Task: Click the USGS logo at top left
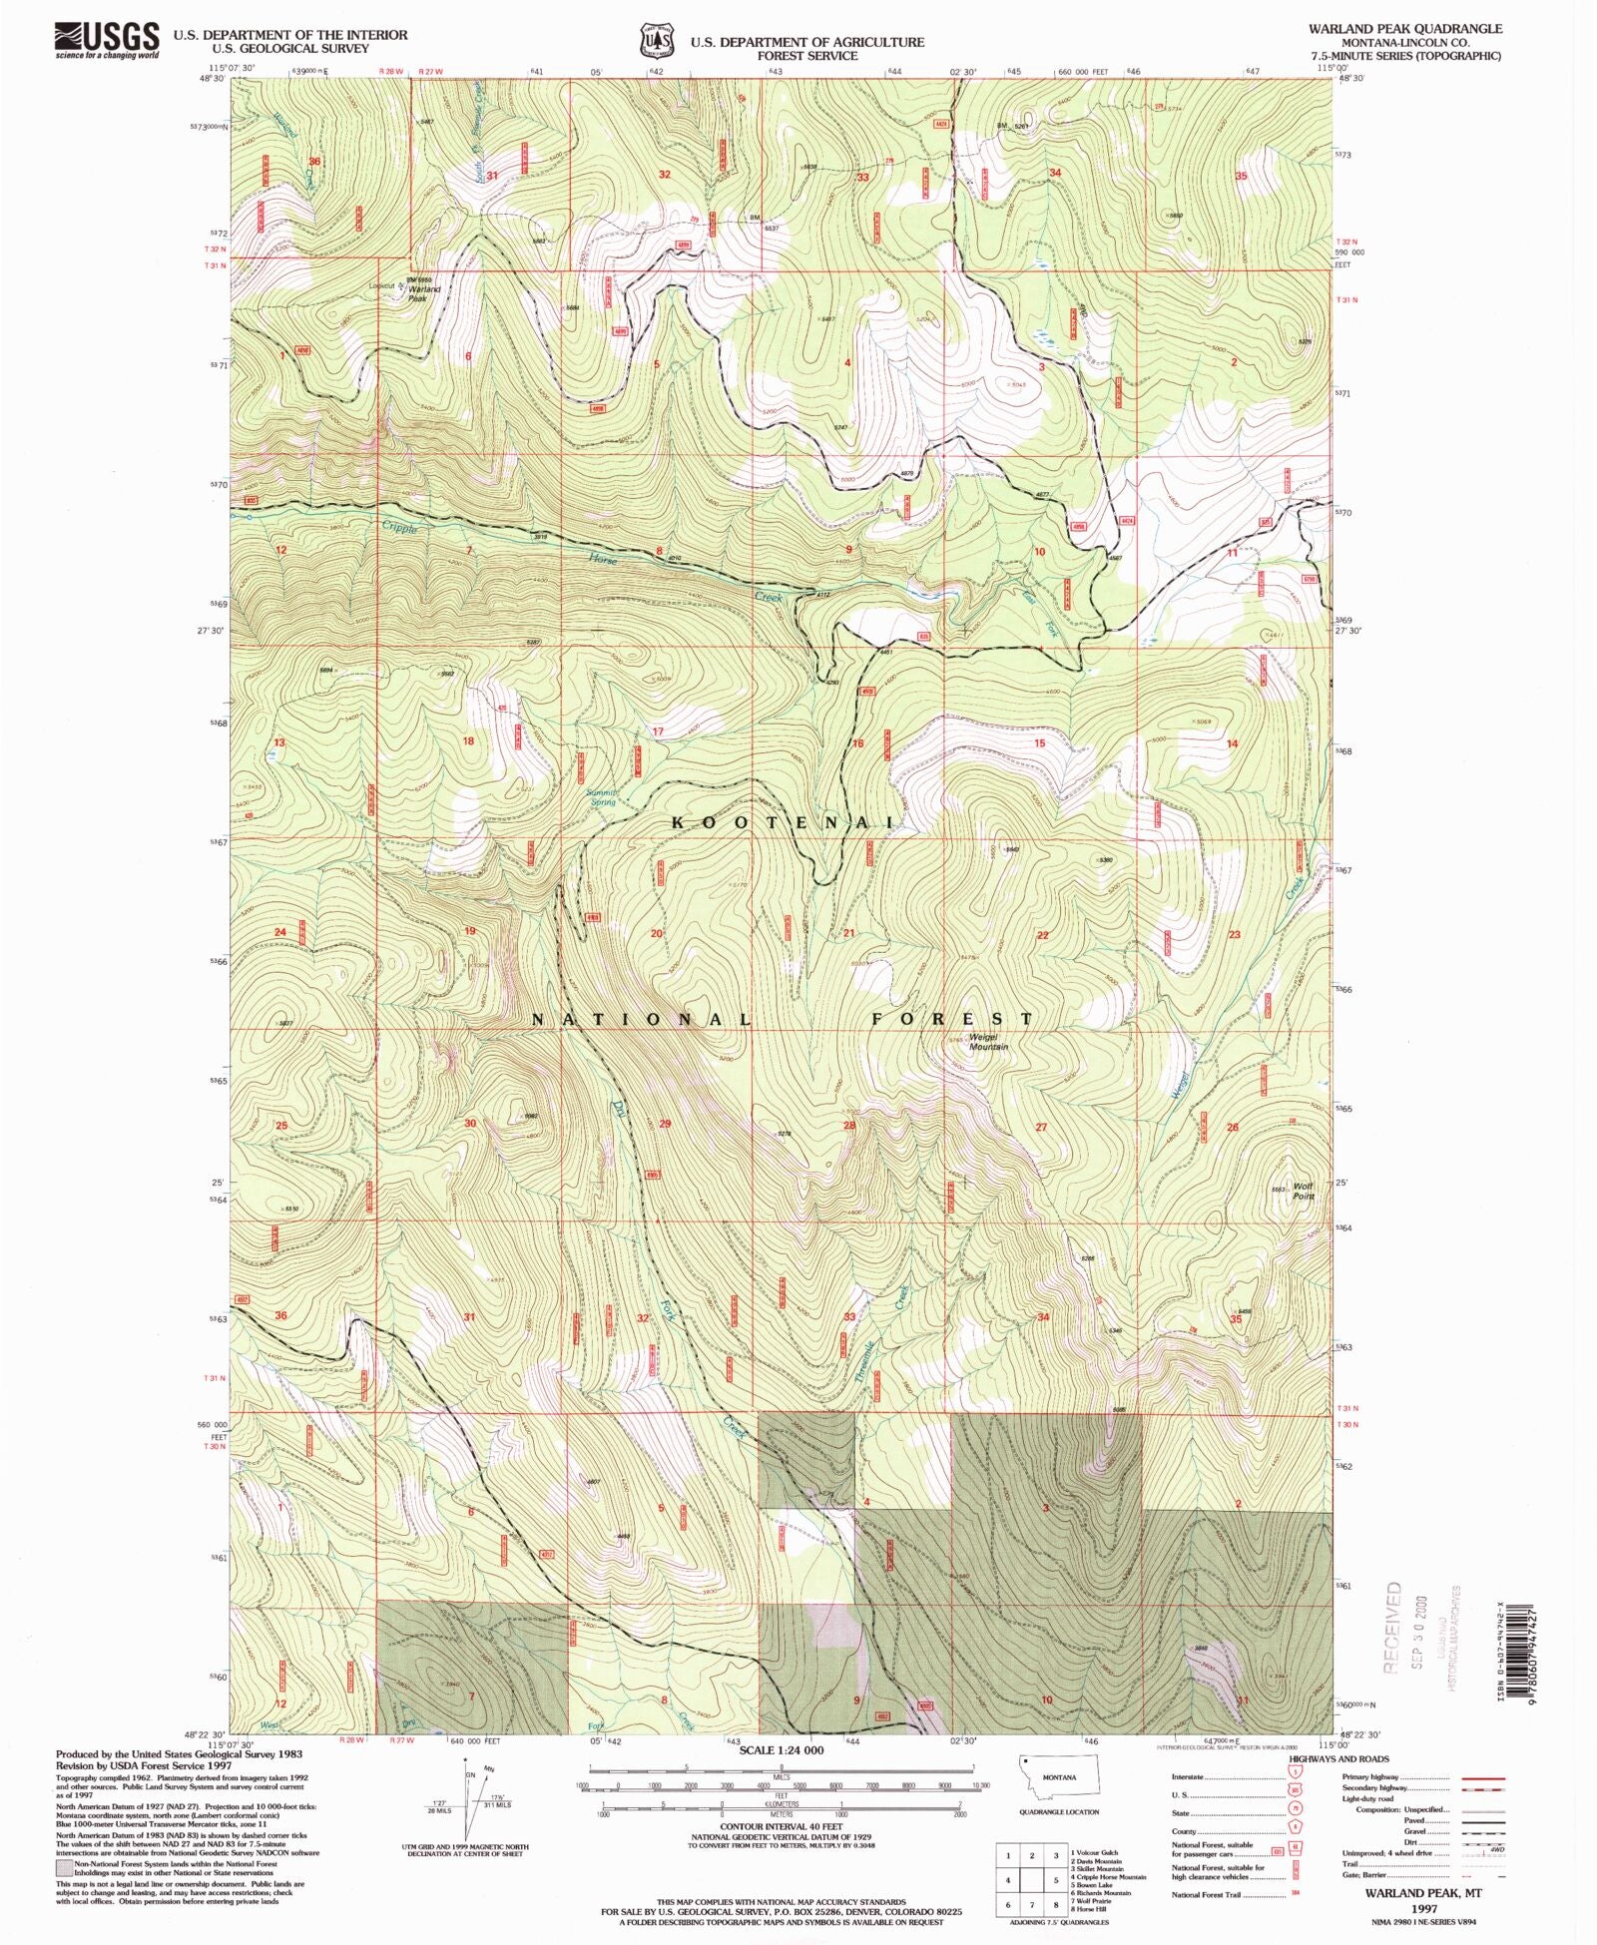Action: coord(107,40)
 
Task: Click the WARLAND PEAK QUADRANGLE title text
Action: coord(1405,29)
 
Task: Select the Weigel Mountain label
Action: coord(987,1042)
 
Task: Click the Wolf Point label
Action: coord(1304,1192)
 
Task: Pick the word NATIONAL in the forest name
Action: coord(641,1019)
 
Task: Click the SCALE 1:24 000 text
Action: coord(782,1750)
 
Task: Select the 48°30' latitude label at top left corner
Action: coord(214,79)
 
